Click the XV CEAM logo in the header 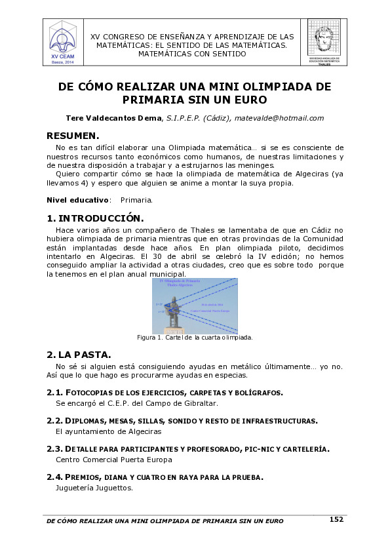coord(64,41)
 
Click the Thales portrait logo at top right coord(324,41)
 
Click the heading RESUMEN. coord(73,136)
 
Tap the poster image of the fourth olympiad coord(195,306)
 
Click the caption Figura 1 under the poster coord(195,338)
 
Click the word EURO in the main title coord(250,100)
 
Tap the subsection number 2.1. coord(54,392)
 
